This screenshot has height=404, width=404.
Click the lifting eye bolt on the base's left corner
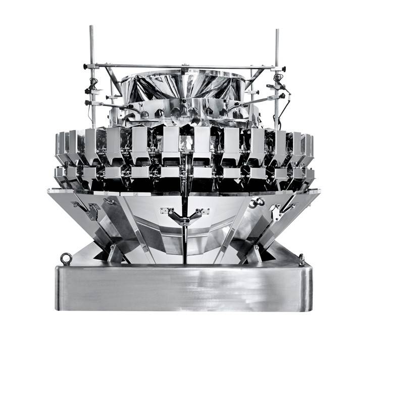click(65, 259)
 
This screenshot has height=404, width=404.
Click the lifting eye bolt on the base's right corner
click(301, 259)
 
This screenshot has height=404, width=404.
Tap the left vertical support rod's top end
click(91, 27)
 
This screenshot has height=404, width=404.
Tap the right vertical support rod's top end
click(277, 31)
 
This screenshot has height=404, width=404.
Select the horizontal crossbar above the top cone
click(151, 66)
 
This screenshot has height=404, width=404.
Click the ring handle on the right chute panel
click(259, 202)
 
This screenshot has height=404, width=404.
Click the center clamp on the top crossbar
click(184, 66)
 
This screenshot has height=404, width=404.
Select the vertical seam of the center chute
click(184, 242)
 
